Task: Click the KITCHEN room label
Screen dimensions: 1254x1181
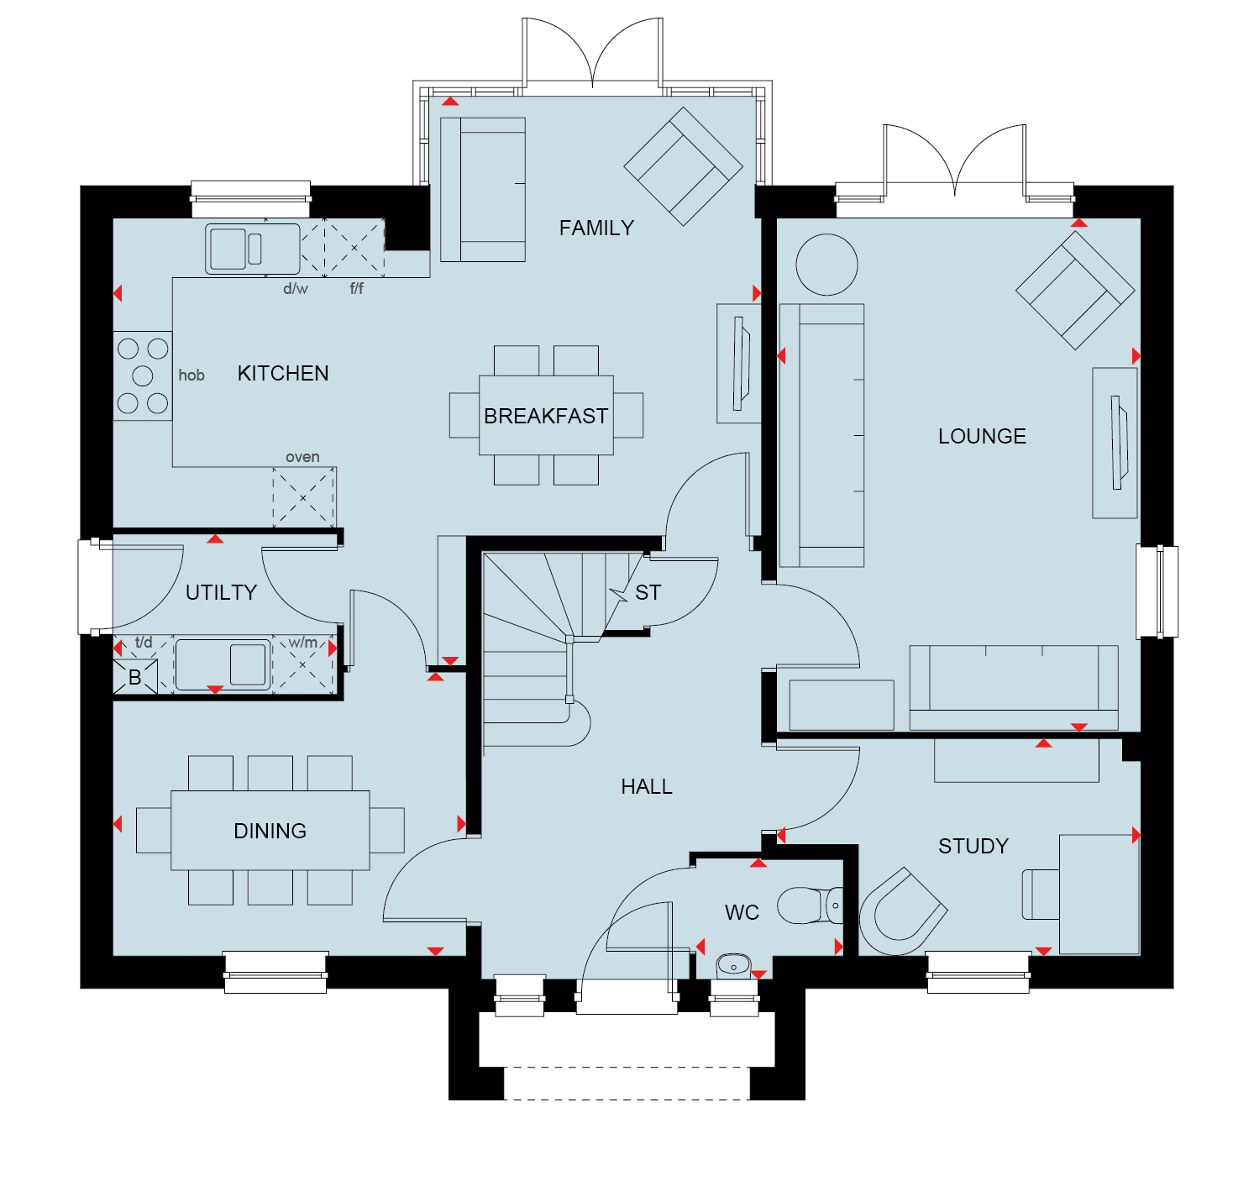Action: tap(283, 373)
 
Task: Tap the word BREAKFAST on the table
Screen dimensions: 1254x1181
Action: tap(546, 416)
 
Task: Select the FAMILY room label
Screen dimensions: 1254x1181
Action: tap(596, 228)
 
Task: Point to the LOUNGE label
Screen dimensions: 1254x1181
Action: tap(981, 437)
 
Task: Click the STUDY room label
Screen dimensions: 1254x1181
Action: tap(973, 847)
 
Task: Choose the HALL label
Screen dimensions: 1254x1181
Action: tap(646, 787)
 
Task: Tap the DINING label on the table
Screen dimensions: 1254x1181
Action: tap(270, 831)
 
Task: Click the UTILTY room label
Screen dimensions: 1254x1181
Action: tap(221, 592)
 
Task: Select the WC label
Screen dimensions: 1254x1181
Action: tap(742, 912)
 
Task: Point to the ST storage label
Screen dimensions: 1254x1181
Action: tap(648, 592)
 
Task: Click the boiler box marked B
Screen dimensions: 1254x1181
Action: tap(135, 677)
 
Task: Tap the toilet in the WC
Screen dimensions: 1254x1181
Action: tap(810, 905)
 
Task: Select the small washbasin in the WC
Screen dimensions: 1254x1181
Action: tap(733, 966)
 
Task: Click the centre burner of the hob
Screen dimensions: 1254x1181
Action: tap(143, 375)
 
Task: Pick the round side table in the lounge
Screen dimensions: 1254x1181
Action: tap(826, 265)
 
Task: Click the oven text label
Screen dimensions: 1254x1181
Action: tap(302, 457)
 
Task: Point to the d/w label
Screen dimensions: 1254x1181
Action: tap(296, 289)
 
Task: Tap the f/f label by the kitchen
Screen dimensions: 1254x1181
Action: tap(357, 289)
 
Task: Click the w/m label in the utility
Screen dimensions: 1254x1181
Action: tap(303, 643)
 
